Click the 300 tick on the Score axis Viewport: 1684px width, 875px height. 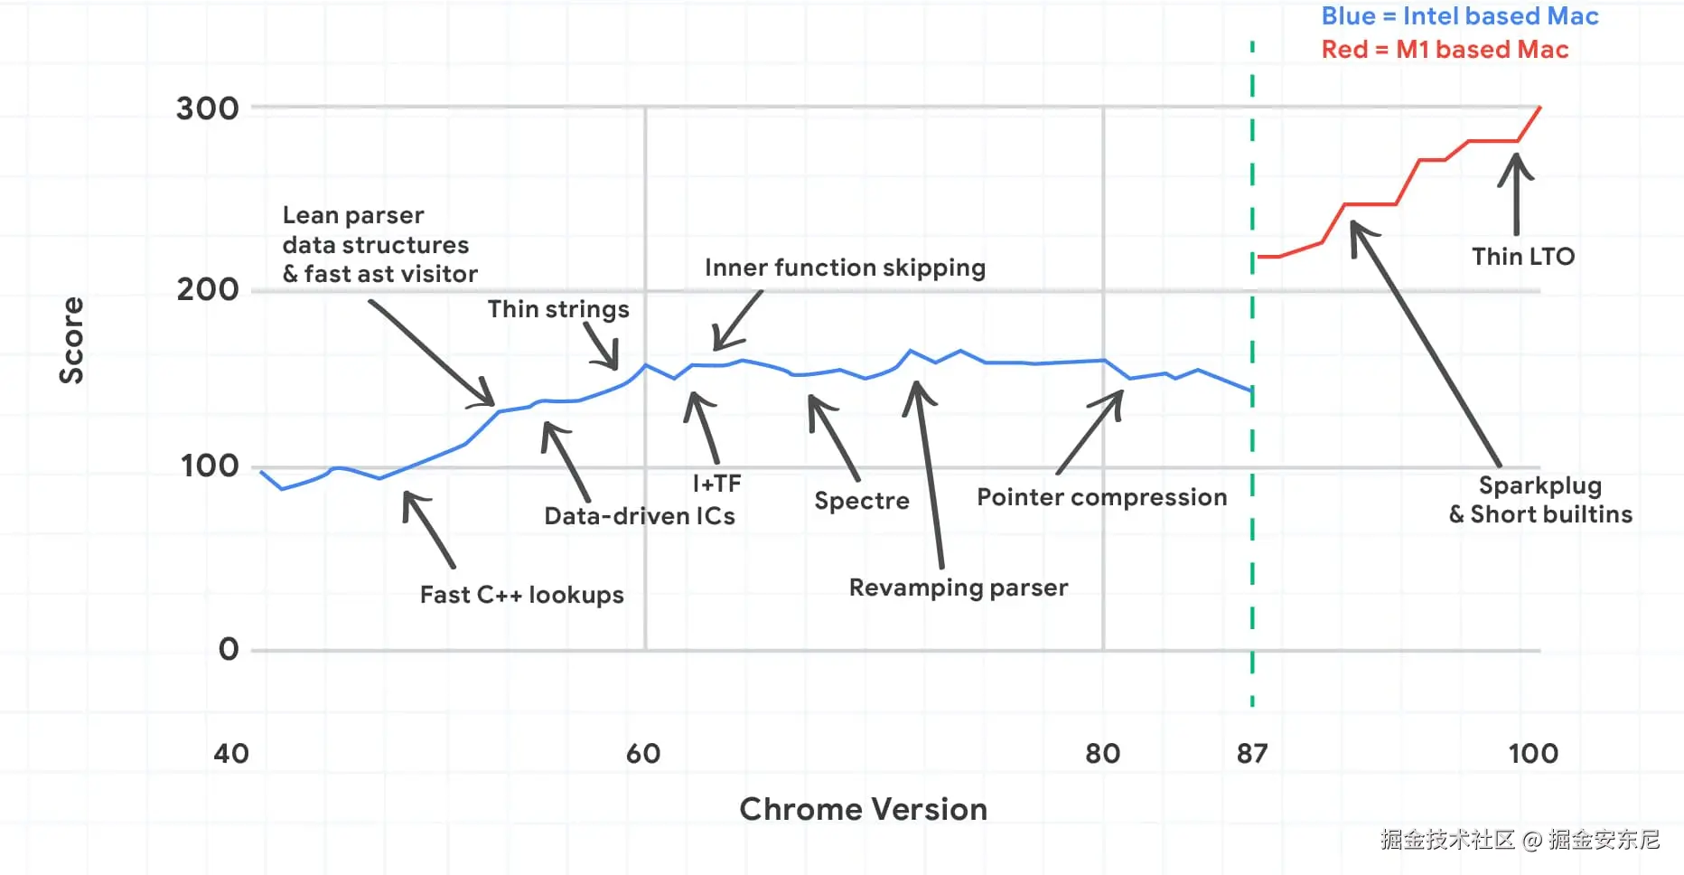coord(207,108)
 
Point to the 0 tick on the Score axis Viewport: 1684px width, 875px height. coord(229,649)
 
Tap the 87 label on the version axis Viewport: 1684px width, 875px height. coord(1252,753)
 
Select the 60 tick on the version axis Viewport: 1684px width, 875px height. coord(643,753)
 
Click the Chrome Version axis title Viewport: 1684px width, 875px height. coord(863,809)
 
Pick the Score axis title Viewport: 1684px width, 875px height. coord(71,340)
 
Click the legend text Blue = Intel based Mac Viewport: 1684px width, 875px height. coord(1459,16)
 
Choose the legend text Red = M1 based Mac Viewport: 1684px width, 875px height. coord(1445,50)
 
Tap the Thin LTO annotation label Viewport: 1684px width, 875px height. coord(1523,257)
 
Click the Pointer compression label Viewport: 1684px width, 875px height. coord(1101,497)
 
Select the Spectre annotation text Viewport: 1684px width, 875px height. coord(861,501)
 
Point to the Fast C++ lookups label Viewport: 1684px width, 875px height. coord(521,595)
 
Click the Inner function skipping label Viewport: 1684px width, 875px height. coord(845,268)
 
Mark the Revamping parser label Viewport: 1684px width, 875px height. coord(958,588)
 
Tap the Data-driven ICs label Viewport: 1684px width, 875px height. coord(639,516)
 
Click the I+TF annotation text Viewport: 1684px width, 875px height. coord(716,484)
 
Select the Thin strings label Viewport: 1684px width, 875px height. coord(558,309)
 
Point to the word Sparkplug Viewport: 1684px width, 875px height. coord(1539,485)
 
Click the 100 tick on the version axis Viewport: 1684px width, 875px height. coord(1533,753)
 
